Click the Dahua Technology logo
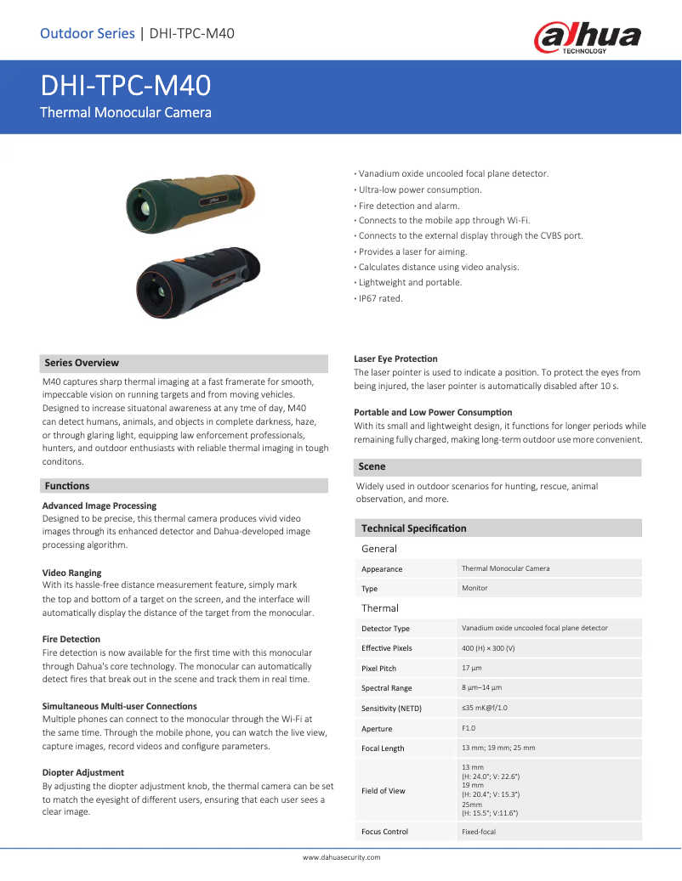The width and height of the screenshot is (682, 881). point(588,37)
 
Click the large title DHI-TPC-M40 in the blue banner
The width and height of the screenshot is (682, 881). point(126,86)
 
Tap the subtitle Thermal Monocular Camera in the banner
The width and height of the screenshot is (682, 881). point(126,112)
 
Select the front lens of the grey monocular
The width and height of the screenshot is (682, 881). point(157,293)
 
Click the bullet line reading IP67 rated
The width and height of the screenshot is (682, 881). point(380,298)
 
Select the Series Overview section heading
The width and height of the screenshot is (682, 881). point(82,363)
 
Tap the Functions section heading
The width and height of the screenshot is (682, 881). point(67,486)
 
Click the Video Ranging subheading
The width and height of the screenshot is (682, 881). point(71,573)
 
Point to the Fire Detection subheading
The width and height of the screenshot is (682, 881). point(71,639)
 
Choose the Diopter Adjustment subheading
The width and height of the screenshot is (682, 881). point(83,772)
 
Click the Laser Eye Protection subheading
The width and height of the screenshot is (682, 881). point(395,359)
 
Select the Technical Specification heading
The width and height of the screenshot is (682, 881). point(413,528)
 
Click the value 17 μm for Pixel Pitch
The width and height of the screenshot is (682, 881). point(471,668)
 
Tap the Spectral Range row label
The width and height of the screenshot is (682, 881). point(386,688)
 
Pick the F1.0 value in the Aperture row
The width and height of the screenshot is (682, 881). point(469,728)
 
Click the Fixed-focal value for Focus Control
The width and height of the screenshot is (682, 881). point(478,832)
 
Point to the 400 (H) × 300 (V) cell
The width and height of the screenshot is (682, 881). point(488,647)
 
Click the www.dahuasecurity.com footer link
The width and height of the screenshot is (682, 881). point(341,857)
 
